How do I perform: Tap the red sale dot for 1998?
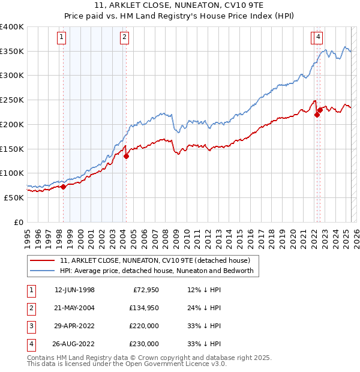point(63,187)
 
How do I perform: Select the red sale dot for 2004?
point(126,157)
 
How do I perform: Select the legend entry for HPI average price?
point(157,271)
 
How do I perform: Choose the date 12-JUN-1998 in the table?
point(74,290)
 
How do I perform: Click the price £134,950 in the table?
point(144,308)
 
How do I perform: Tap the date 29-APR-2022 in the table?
point(74,326)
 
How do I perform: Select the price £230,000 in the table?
point(144,344)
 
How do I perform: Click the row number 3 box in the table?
point(31,326)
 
